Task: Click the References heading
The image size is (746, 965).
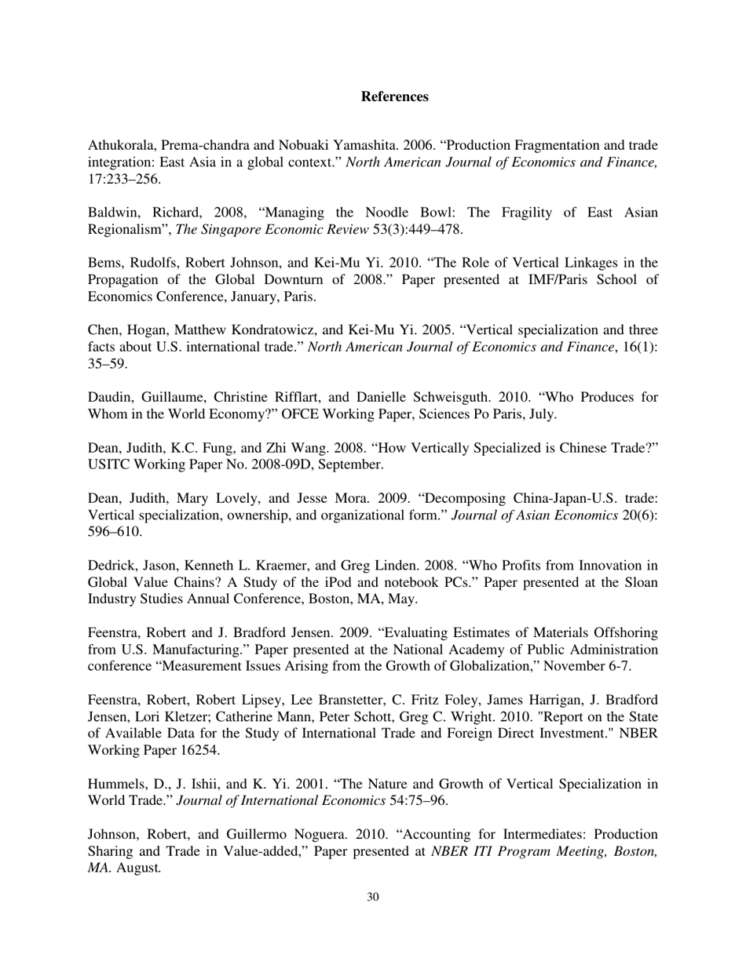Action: [394, 96]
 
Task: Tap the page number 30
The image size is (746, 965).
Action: [373, 898]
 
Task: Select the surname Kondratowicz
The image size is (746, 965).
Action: [269, 330]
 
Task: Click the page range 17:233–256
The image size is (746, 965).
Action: [124, 179]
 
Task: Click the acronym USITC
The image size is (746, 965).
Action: [110, 464]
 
